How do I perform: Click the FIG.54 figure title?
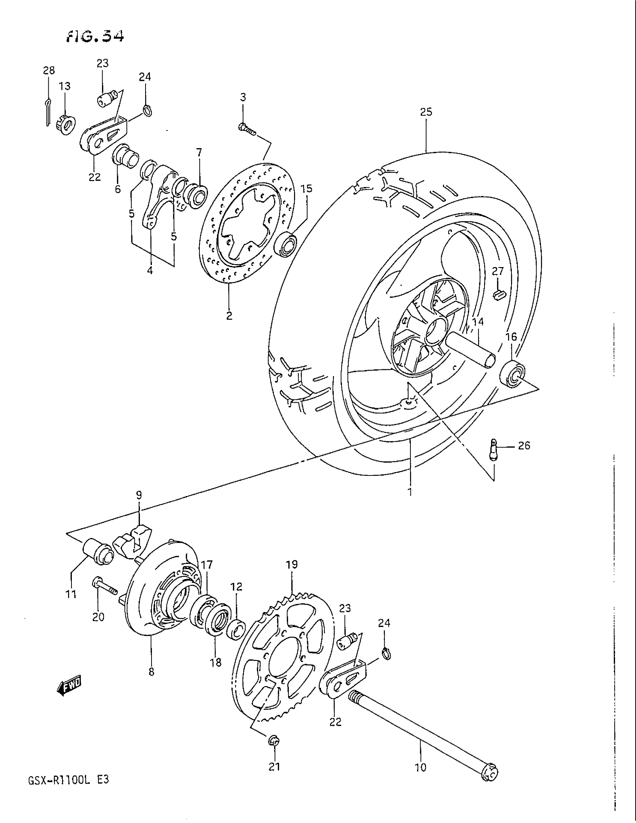point(95,37)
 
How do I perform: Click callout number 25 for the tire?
point(426,112)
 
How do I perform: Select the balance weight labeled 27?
point(498,294)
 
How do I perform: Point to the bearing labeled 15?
point(286,244)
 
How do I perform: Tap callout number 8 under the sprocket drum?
point(152,672)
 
